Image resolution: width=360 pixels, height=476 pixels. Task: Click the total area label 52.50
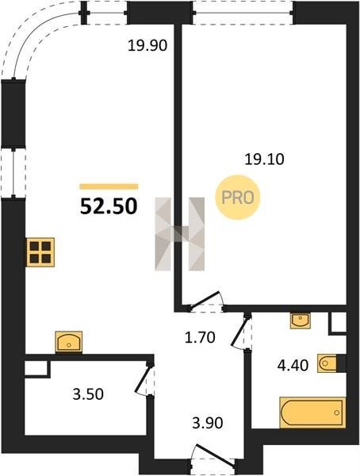(109, 206)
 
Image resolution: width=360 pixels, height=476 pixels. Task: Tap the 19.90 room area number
(147, 46)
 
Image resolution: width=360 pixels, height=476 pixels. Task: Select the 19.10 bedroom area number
(264, 159)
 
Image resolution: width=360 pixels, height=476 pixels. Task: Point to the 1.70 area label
(200, 337)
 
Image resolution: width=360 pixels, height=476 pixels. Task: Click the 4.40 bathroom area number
(293, 366)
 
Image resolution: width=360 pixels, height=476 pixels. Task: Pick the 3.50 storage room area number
(88, 394)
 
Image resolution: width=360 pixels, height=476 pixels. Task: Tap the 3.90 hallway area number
(208, 423)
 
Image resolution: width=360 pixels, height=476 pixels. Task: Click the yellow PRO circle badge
(238, 198)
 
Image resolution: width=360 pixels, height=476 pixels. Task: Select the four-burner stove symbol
(40, 252)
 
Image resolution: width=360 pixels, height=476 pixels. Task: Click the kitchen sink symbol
(69, 342)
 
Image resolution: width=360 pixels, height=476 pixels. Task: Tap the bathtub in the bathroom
(312, 413)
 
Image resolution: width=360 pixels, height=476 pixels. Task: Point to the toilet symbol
(328, 363)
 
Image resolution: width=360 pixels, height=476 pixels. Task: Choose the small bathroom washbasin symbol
(301, 321)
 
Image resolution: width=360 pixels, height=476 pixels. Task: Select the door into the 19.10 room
(207, 302)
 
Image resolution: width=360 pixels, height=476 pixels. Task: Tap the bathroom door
(242, 332)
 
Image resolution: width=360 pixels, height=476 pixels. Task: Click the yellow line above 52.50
(109, 186)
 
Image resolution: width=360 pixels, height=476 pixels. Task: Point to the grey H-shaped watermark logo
(180, 234)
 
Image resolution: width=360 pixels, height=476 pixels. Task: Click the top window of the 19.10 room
(243, 13)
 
